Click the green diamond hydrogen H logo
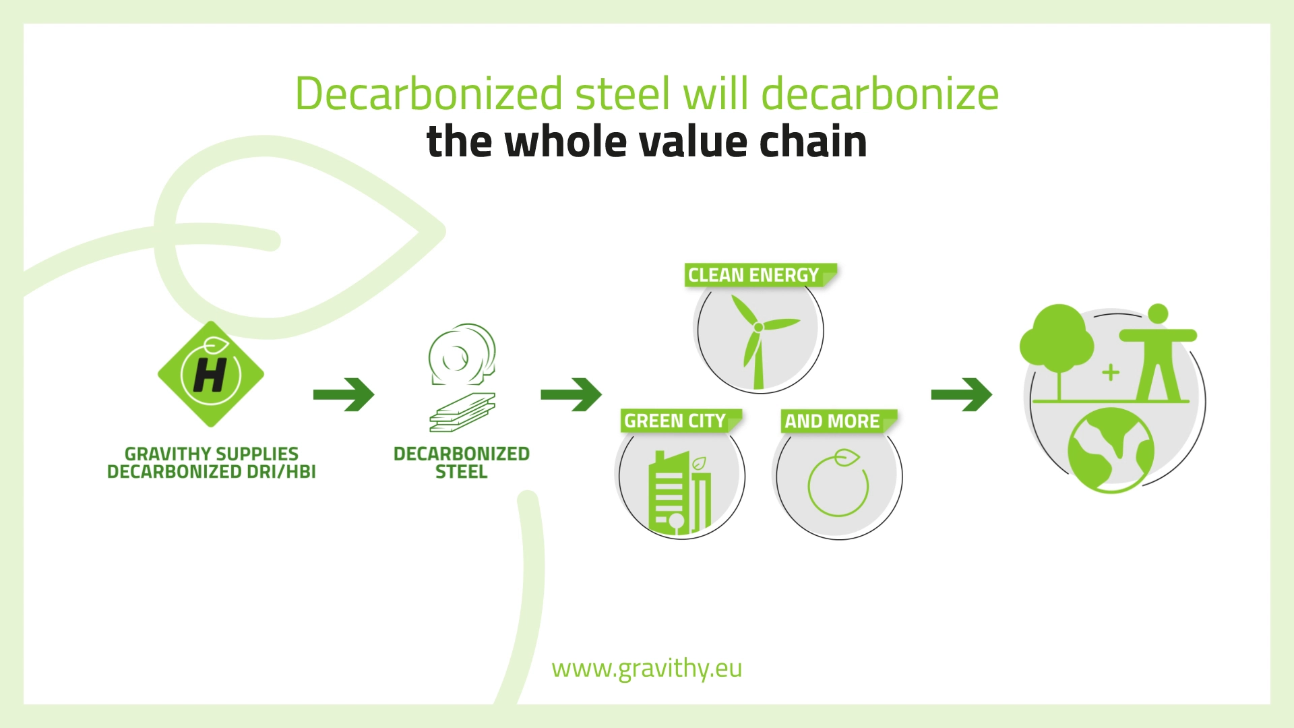tap(210, 374)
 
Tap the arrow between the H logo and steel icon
tap(344, 394)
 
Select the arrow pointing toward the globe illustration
tap(962, 394)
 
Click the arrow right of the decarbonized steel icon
tap(571, 394)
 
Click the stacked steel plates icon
tap(462, 413)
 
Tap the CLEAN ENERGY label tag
tap(760, 275)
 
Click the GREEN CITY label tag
tap(681, 421)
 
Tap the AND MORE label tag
tap(838, 421)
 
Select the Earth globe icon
tap(1111, 450)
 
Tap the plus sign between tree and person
tap(1111, 372)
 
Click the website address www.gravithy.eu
tap(647, 669)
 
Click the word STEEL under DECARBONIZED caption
tap(462, 472)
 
